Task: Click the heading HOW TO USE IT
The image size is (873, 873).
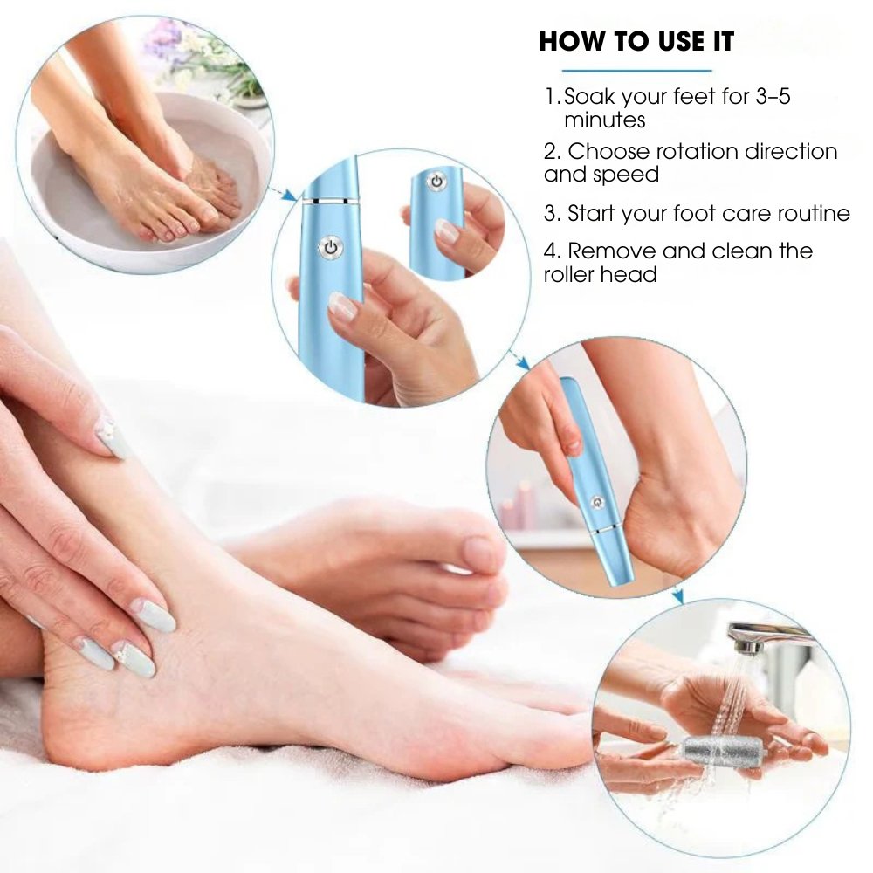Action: click(636, 41)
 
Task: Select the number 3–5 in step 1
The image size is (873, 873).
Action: click(768, 96)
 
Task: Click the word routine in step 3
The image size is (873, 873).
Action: click(808, 213)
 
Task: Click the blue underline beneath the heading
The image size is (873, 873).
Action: click(636, 70)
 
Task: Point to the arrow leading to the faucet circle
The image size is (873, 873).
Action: click(678, 596)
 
